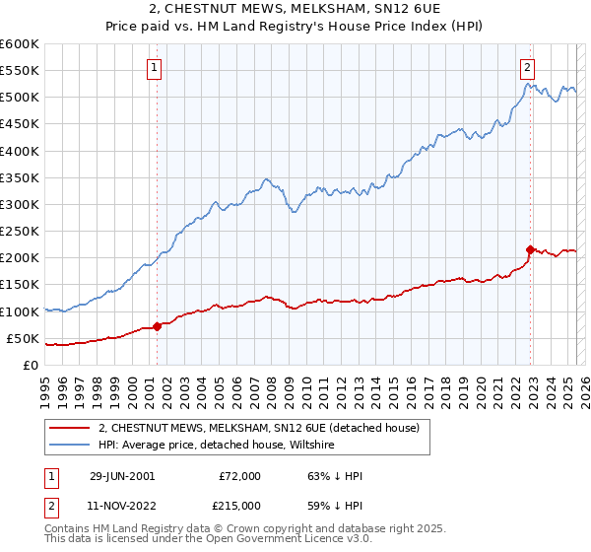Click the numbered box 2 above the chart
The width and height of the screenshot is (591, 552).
pos(528,68)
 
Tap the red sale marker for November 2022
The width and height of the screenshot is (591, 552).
pos(530,249)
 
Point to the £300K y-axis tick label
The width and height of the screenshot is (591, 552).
pos(20,204)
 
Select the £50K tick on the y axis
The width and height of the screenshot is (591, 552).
pos(23,338)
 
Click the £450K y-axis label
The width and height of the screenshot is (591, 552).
pos(20,124)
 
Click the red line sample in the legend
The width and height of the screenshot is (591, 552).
pos(71,428)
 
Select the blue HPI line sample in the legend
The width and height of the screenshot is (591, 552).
pos(71,446)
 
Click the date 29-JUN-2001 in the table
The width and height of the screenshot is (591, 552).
pos(121,476)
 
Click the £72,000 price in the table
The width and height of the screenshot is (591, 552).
pos(240,476)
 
